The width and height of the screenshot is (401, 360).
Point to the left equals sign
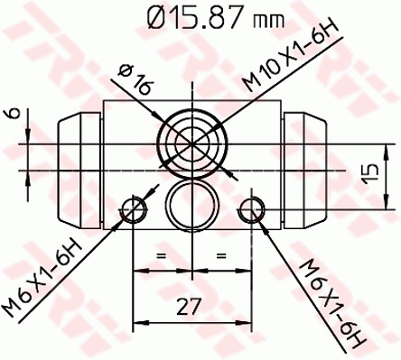click(x=163, y=257)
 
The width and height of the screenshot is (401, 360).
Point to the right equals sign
click(x=220, y=257)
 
